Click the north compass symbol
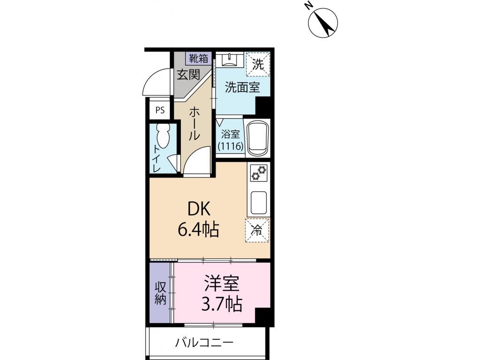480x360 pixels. pos(323,22)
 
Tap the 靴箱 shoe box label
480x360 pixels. pos(198,58)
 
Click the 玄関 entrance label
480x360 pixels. pos(188,74)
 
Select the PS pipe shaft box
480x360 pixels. pos(160,111)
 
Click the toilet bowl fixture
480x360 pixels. pos(164,136)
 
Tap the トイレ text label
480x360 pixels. pos(157,158)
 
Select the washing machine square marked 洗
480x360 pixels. pos(258,64)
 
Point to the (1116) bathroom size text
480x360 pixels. pos(230,146)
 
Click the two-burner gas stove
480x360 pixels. pos(258,172)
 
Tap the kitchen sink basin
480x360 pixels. pos(258,202)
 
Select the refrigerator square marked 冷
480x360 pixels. pos(257,230)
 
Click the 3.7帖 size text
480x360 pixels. pos(222,305)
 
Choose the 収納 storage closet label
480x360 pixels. pos(161,293)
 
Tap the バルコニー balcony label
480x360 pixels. pos(204,343)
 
